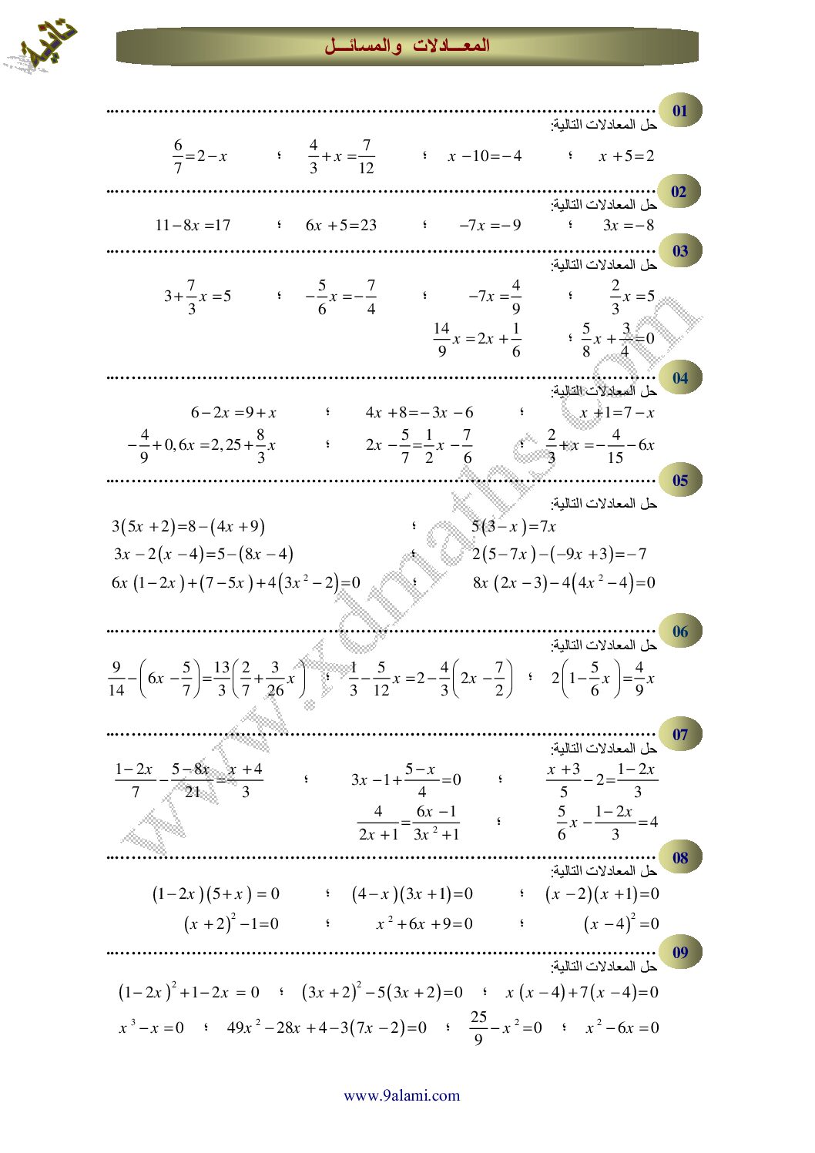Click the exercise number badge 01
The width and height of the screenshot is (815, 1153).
[x=679, y=111]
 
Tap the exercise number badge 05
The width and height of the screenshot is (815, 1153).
[x=679, y=481]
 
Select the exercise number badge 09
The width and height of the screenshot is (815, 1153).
[x=679, y=953]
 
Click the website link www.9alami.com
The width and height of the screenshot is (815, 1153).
[x=401, y=1095]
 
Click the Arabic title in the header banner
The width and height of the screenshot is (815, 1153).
[x=407, y=46]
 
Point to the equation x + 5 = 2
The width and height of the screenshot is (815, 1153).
[x=626, y=156]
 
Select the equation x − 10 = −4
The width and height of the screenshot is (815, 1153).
[x=485, y=156]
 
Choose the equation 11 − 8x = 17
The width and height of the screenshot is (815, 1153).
[x=193, y=226]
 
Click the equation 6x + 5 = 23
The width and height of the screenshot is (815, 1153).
[x=340, y=226]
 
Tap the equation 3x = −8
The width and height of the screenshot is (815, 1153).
[x=629, y=226]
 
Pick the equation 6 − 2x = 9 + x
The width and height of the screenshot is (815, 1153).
[x=233, y=413]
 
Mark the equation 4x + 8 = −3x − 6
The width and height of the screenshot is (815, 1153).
[x=419, y=413]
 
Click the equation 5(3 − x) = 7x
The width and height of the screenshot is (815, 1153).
[x=513, y=527]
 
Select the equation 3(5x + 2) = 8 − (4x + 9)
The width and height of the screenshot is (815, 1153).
[x=189, y=527]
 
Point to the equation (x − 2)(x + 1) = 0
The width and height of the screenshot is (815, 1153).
[x=602, y=894]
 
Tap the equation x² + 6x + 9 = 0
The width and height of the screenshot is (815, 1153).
[x=424, y=923]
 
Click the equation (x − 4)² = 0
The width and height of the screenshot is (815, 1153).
[x=621, y=923]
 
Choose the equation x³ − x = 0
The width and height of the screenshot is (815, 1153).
[x=152, y=1027]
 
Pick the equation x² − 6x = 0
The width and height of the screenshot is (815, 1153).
[x=622, y=1027]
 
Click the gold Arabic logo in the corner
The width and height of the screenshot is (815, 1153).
[x=41, y=46]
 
